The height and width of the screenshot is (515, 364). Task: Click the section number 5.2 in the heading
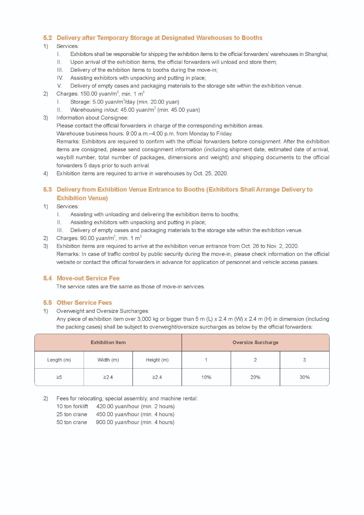point(47,38)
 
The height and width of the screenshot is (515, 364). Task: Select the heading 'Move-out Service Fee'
point(88,278)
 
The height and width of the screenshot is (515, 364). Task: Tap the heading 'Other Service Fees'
point(84,303)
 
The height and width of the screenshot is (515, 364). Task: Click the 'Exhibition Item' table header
point(108,342)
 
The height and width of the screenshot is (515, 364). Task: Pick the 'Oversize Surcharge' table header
point(255,342)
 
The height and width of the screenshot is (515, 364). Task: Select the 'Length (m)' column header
point(59,360)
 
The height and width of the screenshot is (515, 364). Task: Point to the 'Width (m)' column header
point(108,360)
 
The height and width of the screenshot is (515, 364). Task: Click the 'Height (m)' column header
point(157,360)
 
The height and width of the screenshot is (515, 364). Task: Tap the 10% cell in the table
point(206,377)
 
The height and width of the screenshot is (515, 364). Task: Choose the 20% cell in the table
point(255,377)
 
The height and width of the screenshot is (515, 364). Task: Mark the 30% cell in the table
point(304,377)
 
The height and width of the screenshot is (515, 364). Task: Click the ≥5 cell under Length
point(59,377)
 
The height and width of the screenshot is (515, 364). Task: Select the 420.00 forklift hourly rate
point(105,407)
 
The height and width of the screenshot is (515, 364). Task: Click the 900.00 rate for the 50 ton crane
point(104,422)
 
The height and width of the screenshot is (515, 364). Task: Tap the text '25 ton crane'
point(71,415)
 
